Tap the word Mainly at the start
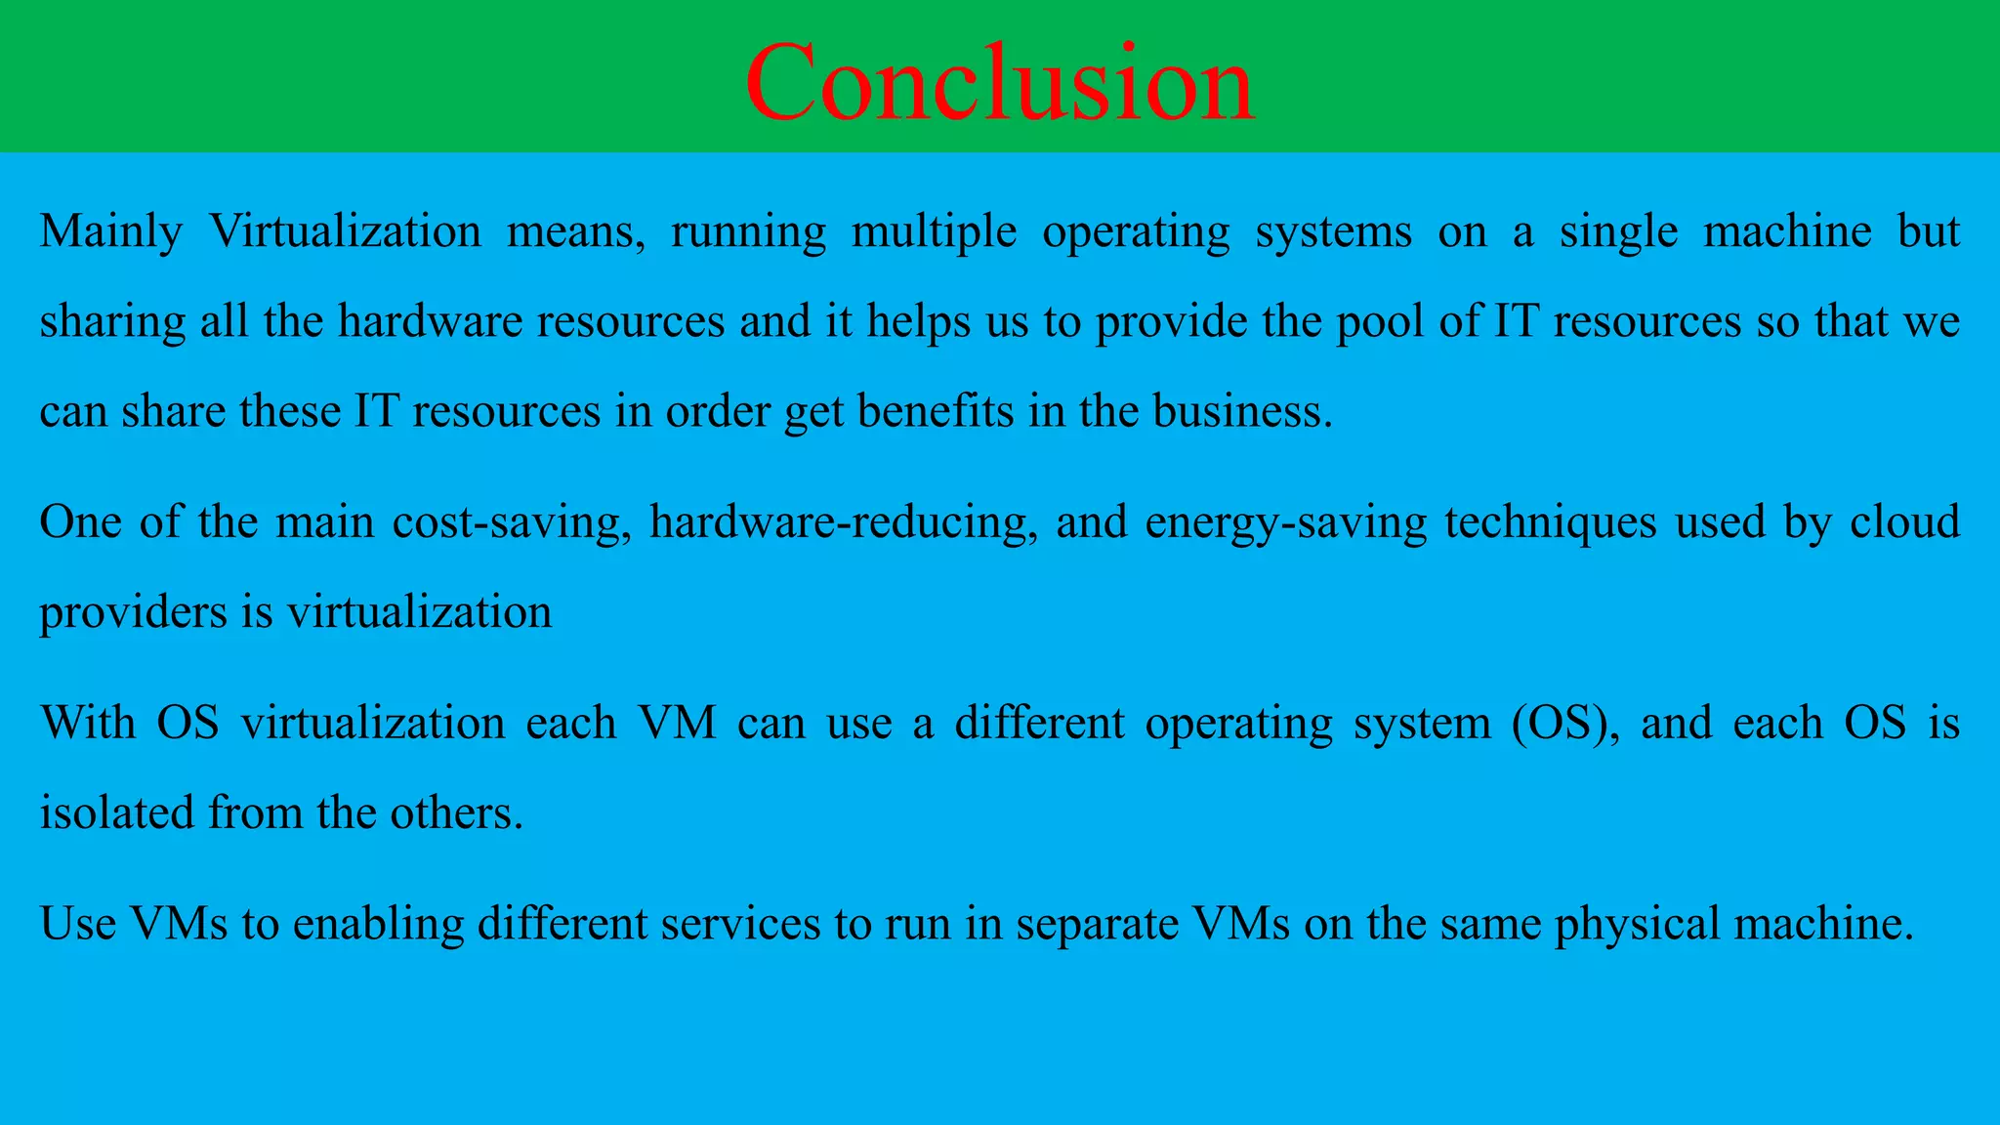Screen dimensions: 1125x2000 (x=111, y=232)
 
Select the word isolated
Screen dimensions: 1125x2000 (x=116, y=812)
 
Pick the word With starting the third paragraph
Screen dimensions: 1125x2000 (x=88, y=724)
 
